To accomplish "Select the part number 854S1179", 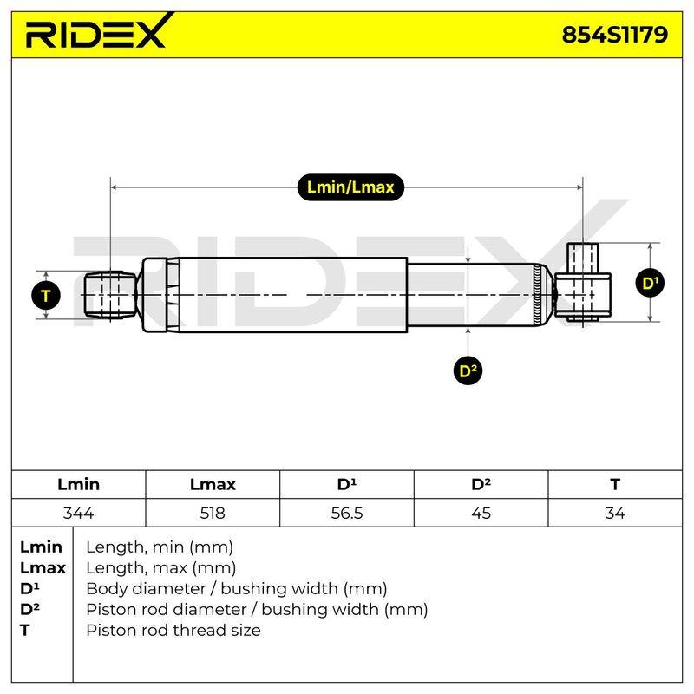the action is click(x=614, y=34).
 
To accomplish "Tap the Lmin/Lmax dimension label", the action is click(x=350, y=187).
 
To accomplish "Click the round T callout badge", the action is click(x=46, y=295).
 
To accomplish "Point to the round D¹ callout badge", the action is click(x=650, y=283).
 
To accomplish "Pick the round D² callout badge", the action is click(x=468, y=370).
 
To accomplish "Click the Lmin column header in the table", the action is click(x=78, y=484).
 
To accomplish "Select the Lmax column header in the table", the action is click(x=213, y=484).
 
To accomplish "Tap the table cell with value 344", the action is click(x=78, y=513).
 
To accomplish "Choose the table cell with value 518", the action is click(x=213, y=513).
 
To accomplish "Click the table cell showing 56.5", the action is click(x=346, y=513).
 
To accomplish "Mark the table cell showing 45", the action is click(x=481, y=513).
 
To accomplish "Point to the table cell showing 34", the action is click(x=615, y=513).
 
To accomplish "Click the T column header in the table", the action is click(x=615, y=484).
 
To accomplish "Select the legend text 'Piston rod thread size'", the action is click(x=173, y=630).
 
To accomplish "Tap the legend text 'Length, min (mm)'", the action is click(x=160, y=547).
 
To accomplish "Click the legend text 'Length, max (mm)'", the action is click(x=161, y=568).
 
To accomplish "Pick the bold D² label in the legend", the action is click(x=29, y=609).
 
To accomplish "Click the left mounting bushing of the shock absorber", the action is click(x=110, y=295).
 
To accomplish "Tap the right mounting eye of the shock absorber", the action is click(x=583, y=283).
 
